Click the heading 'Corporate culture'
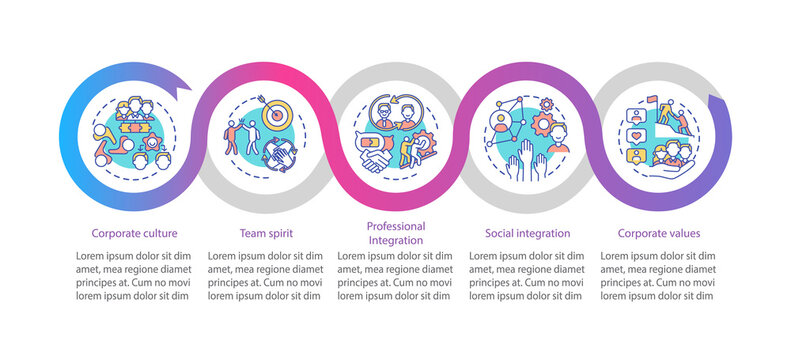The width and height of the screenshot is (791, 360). (133, 233)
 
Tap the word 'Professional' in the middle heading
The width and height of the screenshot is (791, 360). (395, 227)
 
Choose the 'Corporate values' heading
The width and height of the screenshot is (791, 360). (658, 233)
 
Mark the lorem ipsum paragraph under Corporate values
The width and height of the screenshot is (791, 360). (658, 276)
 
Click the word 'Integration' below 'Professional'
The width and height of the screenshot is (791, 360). (395, 241)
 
